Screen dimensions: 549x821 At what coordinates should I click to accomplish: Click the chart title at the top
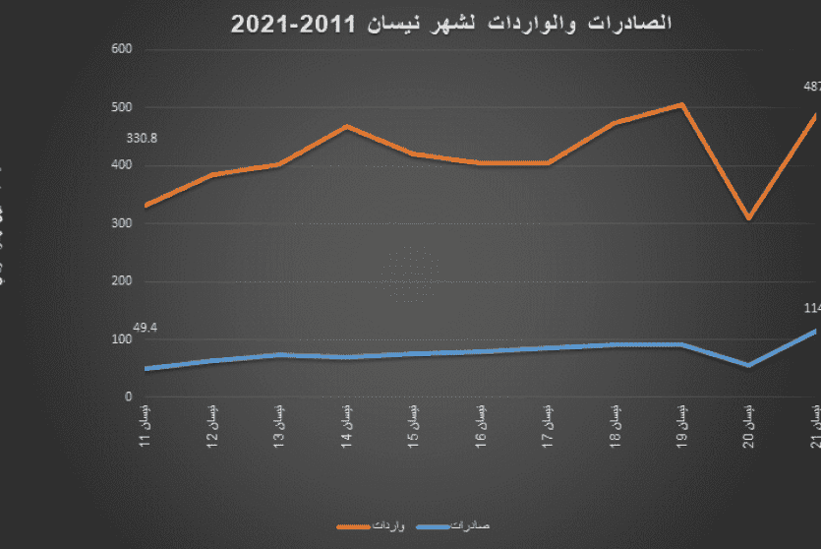tap(451, 24)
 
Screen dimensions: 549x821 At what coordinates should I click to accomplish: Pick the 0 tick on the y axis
tap(128, 397)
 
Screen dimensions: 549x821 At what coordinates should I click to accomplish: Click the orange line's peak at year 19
tap(681, 104)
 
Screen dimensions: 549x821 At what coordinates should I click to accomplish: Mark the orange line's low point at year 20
tap(748, 217)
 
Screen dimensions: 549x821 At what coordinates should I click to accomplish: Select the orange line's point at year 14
tap(346, 126)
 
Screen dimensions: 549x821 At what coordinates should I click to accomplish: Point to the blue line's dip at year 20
tap(748, 365)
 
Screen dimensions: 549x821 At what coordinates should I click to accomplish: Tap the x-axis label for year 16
tap(480, 424)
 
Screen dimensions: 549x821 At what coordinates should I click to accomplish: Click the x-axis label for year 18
tap(614, 424)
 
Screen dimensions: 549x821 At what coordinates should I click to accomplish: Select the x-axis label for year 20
tap(747, 424)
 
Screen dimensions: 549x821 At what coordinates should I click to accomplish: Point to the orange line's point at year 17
tap(547, 162)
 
